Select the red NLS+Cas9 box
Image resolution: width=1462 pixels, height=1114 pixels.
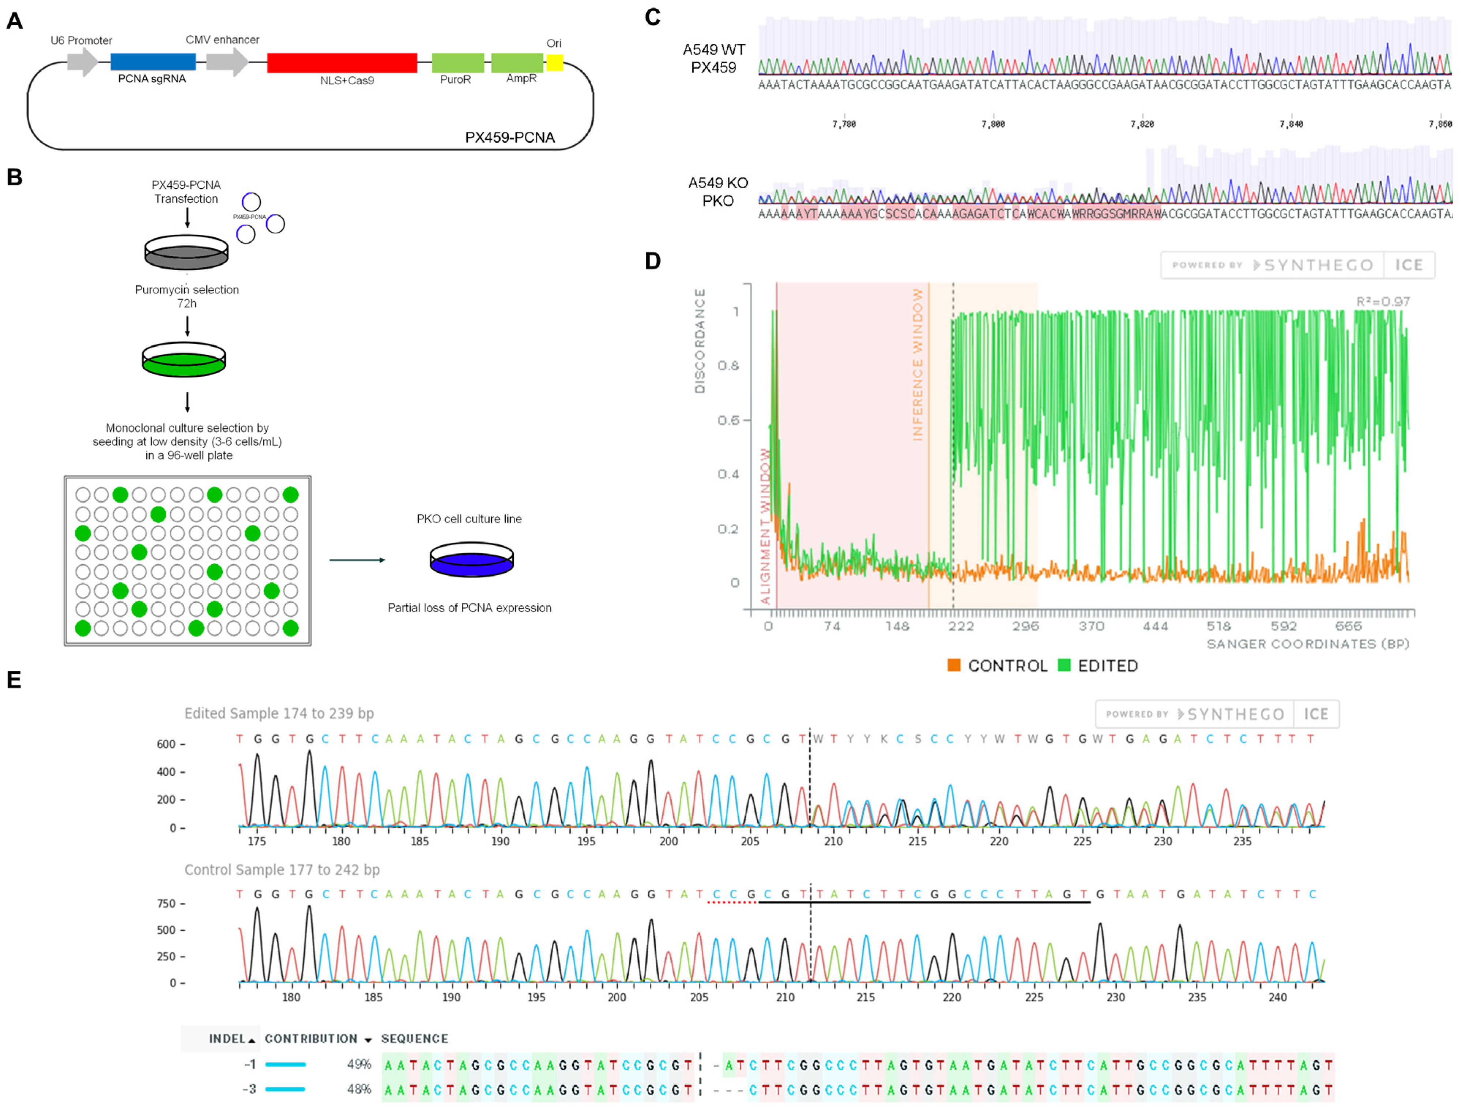click(342, 63)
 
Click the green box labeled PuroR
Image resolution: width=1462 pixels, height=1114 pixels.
click(457, 63)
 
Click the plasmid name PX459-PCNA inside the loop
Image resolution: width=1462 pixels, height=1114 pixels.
click(509, 137)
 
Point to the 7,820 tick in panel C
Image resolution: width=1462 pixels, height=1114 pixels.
click(1142, 124)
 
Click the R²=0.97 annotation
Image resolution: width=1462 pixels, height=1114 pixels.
click(1383, 302)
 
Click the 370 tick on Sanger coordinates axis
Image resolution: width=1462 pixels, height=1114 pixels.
click(1091, 626)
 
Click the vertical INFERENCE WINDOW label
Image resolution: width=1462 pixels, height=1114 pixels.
click(917, 365)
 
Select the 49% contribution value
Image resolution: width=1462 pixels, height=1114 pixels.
click(359, 1064)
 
